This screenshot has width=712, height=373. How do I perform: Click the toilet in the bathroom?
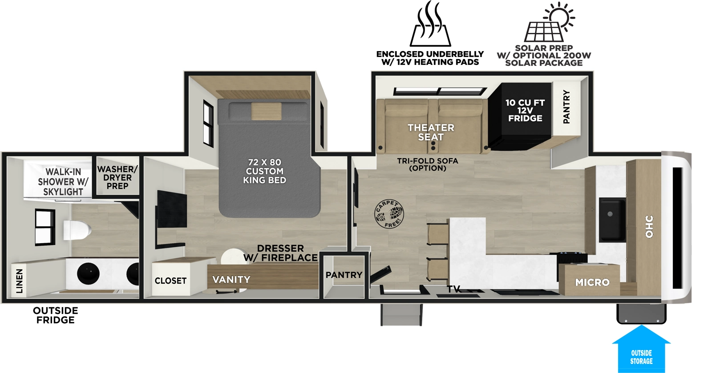click(77, 230)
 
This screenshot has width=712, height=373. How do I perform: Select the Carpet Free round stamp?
click(388, 214)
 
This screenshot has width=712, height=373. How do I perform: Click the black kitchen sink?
click(611, 220)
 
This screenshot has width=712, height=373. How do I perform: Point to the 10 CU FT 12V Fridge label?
click(525, 110)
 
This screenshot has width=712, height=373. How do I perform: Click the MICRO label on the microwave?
click(592, 282)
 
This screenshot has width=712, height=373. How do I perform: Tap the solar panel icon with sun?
click(549, 22)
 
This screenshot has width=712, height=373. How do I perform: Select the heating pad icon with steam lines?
click(430, 24)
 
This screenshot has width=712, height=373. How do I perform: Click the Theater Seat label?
click(430, 132)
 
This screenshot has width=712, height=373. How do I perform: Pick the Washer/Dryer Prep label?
click(117, 177)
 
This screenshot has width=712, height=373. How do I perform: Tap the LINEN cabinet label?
click(19, 281)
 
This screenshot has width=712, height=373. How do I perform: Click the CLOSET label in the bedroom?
click(170, 281)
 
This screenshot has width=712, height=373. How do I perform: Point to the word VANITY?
click(231, 280)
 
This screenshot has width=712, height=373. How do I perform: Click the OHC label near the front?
click(649, 226)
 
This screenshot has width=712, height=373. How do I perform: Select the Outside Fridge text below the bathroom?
click(55, 315)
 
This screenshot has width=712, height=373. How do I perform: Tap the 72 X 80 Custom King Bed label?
click(265, 171)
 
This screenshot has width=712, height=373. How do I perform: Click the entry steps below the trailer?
click(401, 314)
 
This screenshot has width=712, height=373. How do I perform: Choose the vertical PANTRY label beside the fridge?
click(566, 107)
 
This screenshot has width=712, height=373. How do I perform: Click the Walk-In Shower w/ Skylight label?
click(63, 182)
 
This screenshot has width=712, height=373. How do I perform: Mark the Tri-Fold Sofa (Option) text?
click(427, 164)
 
